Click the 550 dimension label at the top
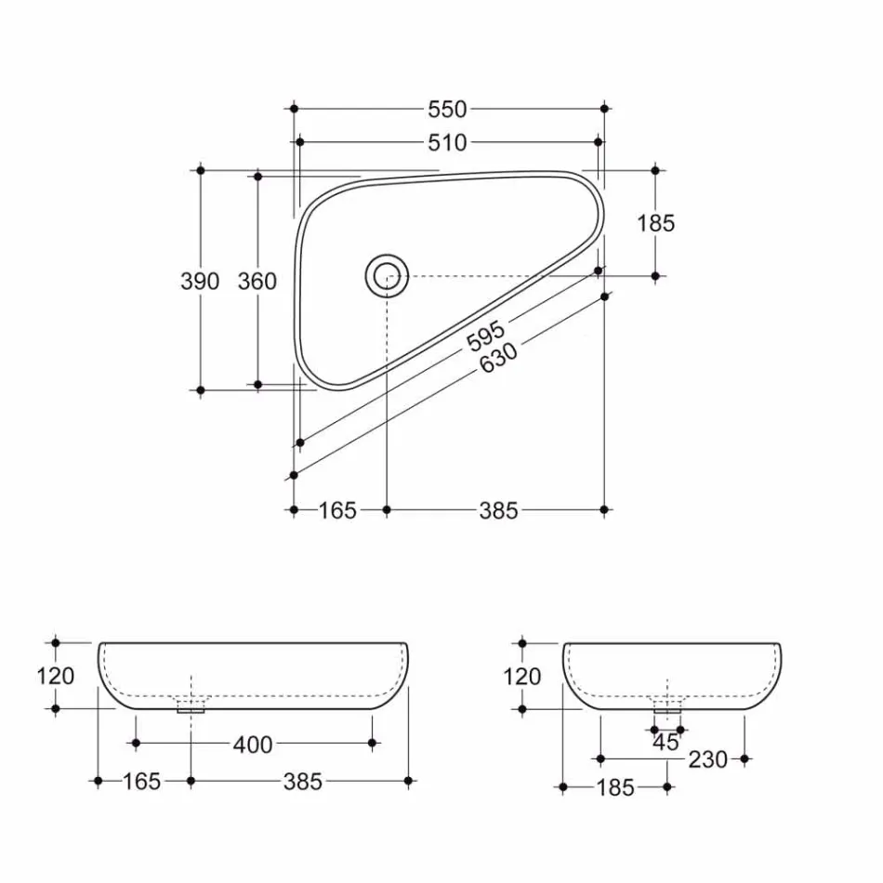pyautogui.click(x=447, y=109)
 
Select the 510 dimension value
pyautogui.click(x=447, y=142)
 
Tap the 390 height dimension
pyautogui.click(x=200, y=281)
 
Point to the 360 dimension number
pyautogui.click(x=257, y=281)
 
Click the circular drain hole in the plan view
pyautogui.click(x=387, y=275)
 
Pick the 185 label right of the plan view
pyautogui.click(x=655, y=223)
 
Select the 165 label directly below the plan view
pyautogui.click(x=337, y=510)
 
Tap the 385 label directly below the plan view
pyautogui.click(x=498, y=510)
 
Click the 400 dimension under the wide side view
pyautogui.click(x=254, y=745)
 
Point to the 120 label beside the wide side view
pyautogui.click(x=56, y=676)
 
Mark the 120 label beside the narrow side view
pyautogui.click(x=521, y=677)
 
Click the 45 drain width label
pyautogui.click(x=666, y=743)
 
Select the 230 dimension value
pyautogui.click(x=708, y=759)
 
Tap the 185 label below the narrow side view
pyautogui.click(x=614, y=788)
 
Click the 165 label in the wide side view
pyautogui.click(x=141, y=782)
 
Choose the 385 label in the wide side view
pyautogui.click(x=303, y=782)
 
